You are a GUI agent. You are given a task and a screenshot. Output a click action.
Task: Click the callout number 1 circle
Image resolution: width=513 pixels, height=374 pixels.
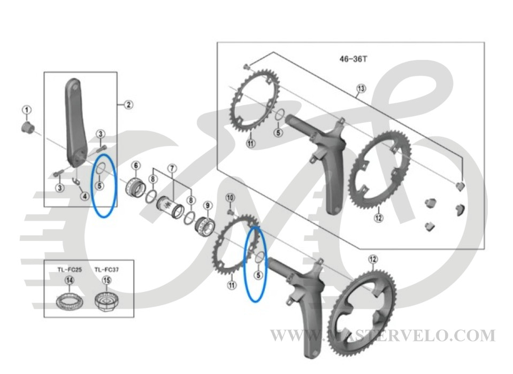tap(27, 110)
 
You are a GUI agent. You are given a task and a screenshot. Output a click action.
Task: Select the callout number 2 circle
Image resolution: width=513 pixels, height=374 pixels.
tap(128, 105)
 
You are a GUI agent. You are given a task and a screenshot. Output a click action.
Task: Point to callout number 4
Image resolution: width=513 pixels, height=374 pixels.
tap(85, 196)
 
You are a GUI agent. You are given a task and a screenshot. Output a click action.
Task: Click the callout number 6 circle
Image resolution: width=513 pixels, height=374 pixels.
tap(136, 165)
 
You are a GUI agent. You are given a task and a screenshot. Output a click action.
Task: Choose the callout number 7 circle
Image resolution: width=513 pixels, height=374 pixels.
tap(172, 168)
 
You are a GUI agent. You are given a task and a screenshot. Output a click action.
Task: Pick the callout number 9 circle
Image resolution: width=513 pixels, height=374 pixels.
tap(208, 206)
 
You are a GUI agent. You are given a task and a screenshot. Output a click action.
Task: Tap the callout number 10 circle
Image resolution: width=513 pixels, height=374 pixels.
tap(231, 198)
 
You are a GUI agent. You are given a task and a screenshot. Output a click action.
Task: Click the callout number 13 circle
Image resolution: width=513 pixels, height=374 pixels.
tap(361, 88)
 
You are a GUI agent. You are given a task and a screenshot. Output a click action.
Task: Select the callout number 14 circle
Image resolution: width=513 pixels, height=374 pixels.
tap(70, 280)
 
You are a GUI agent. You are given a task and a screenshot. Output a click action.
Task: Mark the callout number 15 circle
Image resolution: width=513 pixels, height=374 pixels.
tap(106, 280)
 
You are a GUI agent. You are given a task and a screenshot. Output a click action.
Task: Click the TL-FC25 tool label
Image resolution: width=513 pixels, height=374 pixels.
tap(70, 270)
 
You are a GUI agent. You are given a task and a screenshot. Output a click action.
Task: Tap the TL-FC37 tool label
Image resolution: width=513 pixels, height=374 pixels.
tap(106, 270)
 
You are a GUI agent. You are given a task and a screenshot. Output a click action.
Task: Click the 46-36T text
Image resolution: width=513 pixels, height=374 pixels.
tap(354, 59)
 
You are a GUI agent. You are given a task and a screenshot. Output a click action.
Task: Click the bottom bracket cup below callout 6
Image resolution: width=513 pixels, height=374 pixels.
tap(136, 189)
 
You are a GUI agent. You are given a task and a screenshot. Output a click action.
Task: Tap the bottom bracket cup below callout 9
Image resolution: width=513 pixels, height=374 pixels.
tap(205, 226)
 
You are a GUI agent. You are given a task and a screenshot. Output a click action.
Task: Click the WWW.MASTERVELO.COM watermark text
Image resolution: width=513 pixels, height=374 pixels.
tap(383, 336)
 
